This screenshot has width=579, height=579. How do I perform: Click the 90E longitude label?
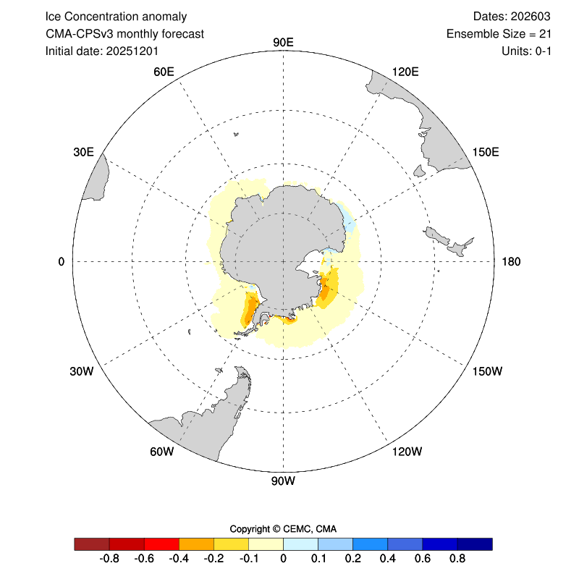point(283,42)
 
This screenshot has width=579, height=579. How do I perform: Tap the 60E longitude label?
point(164,72)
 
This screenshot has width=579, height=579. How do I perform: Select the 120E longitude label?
point(405,72)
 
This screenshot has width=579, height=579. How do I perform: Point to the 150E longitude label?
point(486,152)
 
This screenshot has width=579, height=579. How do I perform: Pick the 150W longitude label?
point(486,372)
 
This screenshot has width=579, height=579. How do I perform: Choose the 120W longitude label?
point(406,452)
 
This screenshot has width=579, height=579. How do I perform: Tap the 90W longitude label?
point(283,481)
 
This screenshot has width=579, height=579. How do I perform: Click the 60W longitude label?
point(161,452)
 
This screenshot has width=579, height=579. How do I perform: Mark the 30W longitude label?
point(82,372)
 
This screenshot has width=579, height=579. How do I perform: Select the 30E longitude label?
point(83,152)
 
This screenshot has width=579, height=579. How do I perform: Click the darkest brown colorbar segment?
point(92,544)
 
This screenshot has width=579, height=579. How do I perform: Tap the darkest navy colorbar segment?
point(475,544)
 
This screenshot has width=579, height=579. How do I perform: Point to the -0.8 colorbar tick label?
point(109,559)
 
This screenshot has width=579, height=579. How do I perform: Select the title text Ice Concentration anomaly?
point(116,16)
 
